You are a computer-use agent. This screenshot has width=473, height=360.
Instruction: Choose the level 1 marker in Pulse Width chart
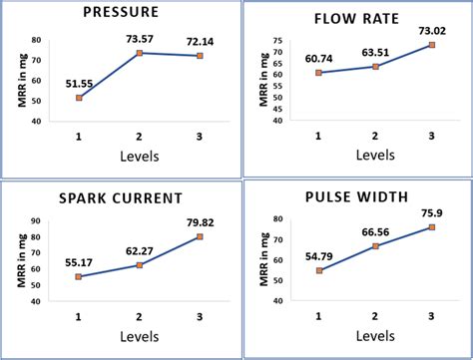(x=319, y=270)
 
